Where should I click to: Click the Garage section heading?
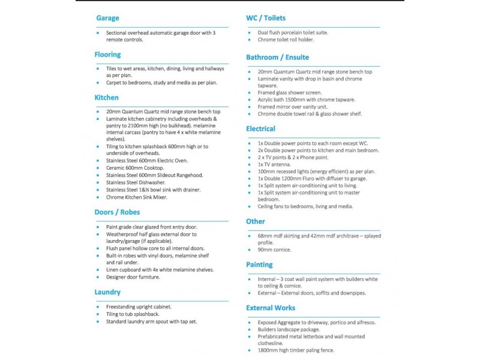click(107, 18)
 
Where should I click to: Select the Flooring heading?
click(107, 55)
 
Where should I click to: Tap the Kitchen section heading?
click(107, 97)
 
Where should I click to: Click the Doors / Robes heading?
click(118, 212)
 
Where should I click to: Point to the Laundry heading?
click(108, 292)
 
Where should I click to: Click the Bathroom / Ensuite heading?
click(278, 58)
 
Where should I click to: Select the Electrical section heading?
click(261, 129)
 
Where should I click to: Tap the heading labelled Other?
click(256, 222)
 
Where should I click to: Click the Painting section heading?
click(259, 265)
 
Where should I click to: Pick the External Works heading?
click(271, 308)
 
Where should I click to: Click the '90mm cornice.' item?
click(275, 250)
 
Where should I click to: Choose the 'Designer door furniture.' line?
click(133, 277)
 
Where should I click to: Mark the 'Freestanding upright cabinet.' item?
click(139, 307)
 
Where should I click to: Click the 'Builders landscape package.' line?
click(289, 329)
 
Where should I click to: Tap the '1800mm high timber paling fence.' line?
click(296, 350)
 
